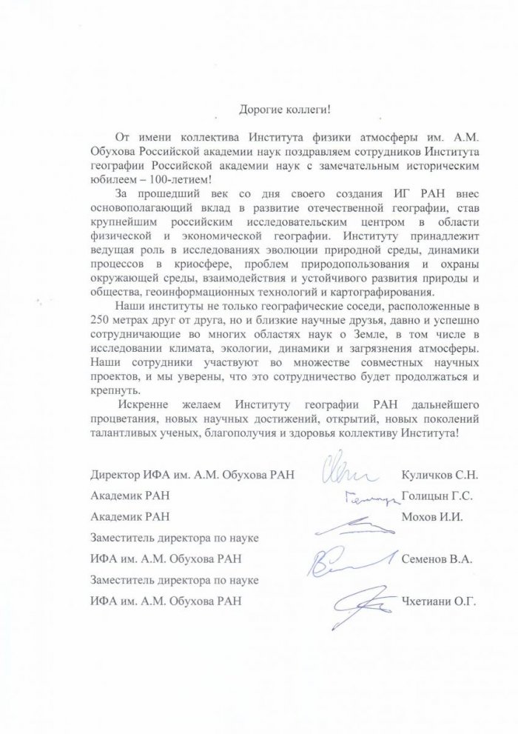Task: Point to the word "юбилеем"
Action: (x=108, y=179)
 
